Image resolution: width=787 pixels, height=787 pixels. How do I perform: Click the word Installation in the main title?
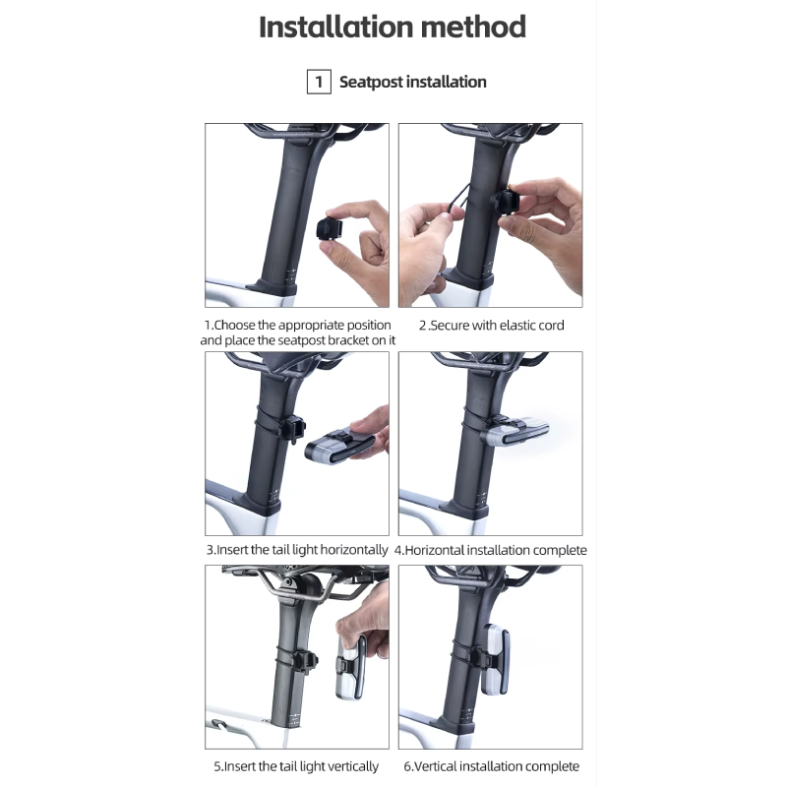(335, 28)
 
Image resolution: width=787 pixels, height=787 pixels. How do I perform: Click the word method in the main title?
(473, 28)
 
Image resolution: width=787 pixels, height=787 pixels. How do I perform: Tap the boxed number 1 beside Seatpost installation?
(319, 82)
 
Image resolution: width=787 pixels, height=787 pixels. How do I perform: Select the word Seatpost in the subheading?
(371, 83)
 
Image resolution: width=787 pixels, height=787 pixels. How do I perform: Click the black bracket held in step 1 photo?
(330, 229)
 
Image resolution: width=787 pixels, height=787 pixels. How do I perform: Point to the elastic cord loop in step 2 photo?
(456, 201)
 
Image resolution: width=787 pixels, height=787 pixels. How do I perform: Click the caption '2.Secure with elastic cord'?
(491, 326)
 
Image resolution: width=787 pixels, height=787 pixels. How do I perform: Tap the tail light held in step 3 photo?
(338, 448)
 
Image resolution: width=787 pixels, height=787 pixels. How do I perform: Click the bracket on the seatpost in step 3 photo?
(294, 430)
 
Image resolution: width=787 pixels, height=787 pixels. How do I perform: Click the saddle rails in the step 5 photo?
(311, 587)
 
